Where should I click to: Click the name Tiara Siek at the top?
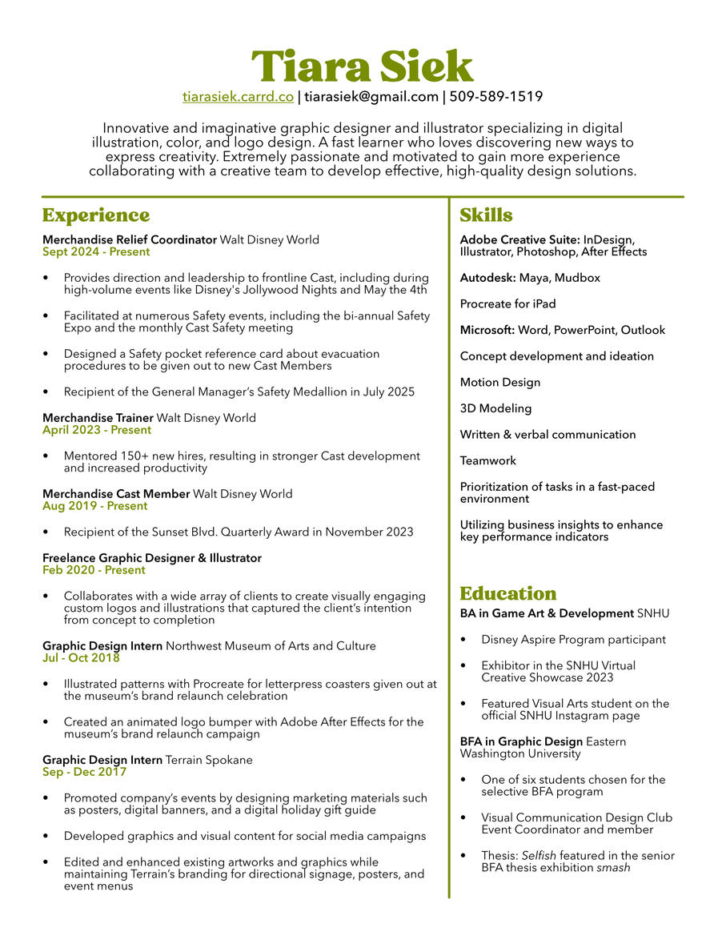point(362,66)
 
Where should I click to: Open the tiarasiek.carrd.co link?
point(238,97)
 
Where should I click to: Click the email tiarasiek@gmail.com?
point(371,97)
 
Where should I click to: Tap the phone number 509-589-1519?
point(495,97)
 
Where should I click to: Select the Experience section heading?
point(96,215)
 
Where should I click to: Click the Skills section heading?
point(486,215)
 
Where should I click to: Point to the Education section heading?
point(507,593)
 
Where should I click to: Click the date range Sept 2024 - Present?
point(96,251)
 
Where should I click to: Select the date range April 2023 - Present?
point(97,430)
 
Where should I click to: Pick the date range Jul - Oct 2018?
point(81,658)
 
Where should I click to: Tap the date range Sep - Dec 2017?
point(84,772)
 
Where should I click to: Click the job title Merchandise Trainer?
point(98,418)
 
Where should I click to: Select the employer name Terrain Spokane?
point(209,760)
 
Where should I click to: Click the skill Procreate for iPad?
point(507,304)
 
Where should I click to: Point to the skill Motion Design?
point(499,383)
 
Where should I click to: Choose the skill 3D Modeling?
point(495,408)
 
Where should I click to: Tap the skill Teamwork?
point(487,460)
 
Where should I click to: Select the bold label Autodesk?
point(487,278)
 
